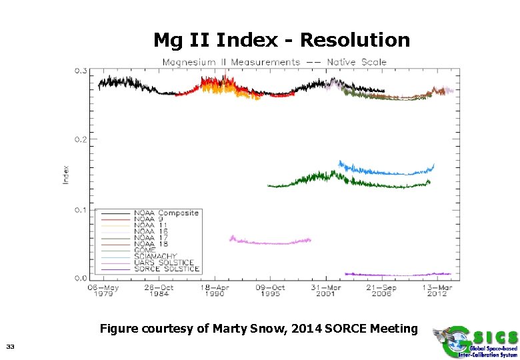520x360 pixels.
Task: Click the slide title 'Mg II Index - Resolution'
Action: pyautogui.click(x=281, y=40)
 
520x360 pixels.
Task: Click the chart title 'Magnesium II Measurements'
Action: pyautogui.click(x=231, y=62)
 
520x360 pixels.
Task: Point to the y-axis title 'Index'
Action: pyautogui.click(x=66, y=175)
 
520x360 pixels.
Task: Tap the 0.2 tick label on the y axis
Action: pyautogui.click(x=81, y=140)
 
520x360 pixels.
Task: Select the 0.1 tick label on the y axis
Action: pyautogui.click(x=81, y=210)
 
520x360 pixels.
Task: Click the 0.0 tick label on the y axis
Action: pyautogui.click(x=81, y=277)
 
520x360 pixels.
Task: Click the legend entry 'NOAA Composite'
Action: pyautogui.click(x=167, y=213)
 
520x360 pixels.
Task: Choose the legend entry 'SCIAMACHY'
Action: pyautogui.click(x=156, y=256)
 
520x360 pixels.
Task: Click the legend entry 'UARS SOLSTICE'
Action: pyautogui.click(x=163, y=263)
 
